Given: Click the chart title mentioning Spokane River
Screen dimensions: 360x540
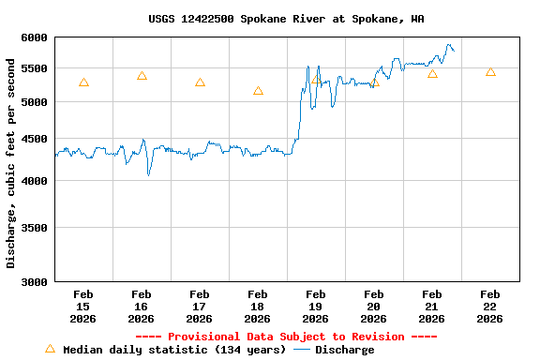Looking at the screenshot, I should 285,19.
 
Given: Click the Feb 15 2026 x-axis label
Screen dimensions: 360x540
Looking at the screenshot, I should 83,307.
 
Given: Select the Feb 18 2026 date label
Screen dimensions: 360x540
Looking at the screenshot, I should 258,307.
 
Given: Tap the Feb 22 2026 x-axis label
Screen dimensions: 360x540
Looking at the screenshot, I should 490,307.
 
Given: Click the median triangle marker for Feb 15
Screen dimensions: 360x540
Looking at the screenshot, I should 83,82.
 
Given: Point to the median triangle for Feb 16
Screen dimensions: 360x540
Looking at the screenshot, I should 142,76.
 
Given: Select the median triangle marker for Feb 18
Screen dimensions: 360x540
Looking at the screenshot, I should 258,91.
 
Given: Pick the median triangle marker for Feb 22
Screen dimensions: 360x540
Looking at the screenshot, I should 490,72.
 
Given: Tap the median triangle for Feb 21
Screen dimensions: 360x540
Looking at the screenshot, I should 432,74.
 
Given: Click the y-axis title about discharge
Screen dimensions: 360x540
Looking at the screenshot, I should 11,163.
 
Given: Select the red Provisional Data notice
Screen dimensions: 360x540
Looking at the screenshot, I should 286,337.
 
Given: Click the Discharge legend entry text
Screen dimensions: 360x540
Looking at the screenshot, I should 344,350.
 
